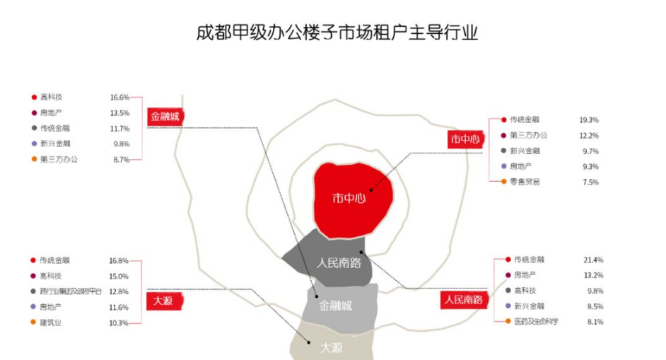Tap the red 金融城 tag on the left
[x=165, y=115]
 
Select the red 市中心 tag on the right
[x=465, y=139]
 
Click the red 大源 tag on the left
[x=165, y=301]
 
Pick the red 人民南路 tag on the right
[x=463, y=300]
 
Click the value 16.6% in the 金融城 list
[x=119, y=98]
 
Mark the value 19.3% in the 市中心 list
[x=589, y=120]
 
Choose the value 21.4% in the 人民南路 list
[x=593, y=260]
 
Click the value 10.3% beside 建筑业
[x=119, y=323]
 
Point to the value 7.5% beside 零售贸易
[x=590, y=182]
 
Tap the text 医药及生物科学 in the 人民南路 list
[x=536, y=322]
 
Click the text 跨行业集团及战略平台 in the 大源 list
[x=71, y=291]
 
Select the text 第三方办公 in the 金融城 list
[x=59, y=160]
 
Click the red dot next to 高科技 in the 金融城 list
[x=34, y=98]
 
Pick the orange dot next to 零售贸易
[x=503, y=182]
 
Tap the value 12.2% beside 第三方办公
[x=589, y=136]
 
